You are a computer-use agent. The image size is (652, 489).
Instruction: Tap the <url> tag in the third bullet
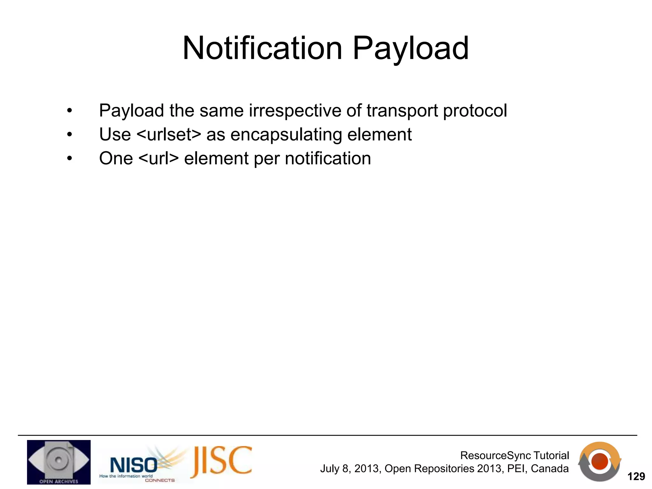(x=159, y=159)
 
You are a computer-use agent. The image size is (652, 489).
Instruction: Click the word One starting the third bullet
(x=116, y=159)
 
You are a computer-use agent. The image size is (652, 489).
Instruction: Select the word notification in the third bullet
(x=328, y=159)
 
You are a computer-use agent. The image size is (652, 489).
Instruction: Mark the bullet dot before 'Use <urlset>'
(x=70, y=135)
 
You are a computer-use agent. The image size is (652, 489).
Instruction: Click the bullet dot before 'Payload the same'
(x=70, y=111)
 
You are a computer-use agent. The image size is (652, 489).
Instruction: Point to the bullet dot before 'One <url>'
(x=70, y=159)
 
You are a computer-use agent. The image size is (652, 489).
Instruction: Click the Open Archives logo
(x=59, y=462)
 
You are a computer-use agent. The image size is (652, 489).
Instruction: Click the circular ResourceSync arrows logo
(x=599, y=462)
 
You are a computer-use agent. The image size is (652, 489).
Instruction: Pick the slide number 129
(x=636, y=477)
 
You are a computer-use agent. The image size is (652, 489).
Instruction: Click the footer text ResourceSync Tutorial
(x=514, y=456)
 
